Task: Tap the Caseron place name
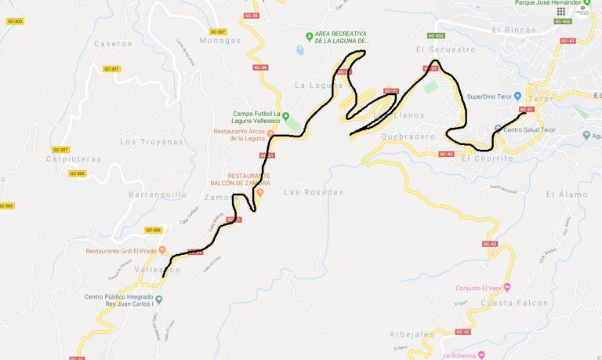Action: click(113, 44)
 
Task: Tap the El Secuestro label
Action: click(446, 49)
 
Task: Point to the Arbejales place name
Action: click(412, 334)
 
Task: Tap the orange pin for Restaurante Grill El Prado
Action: click(161, 251)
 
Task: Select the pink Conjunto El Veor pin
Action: click(507, 286)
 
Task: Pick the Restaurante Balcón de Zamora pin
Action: click(260, 192)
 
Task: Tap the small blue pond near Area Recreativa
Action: click(300, 50)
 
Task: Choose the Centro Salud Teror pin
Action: click(498, 129)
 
